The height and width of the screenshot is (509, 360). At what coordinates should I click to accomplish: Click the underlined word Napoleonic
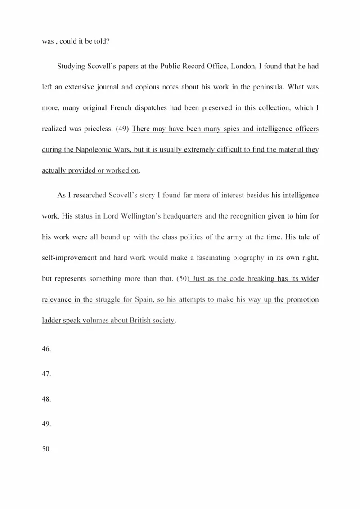click(x=91, y=149)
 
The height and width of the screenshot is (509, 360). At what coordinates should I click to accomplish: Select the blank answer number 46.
click(x=46, y=349)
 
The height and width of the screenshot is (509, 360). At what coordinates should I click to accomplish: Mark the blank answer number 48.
click(x=46, y=399)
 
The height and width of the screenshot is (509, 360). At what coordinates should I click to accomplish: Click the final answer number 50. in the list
click(x=46, y=449)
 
